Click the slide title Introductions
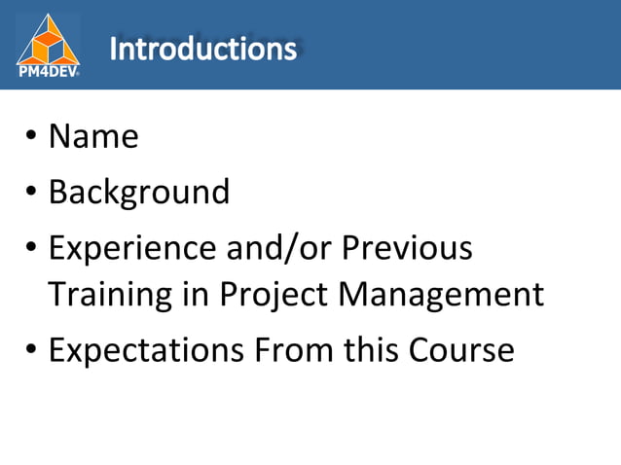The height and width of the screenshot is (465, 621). pyautogui.click(x=202, y=48)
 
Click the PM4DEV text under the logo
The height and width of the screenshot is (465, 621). pyautogui.click(x=48, y=70)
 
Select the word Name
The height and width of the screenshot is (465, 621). pyautogui.click(x=93, y=136)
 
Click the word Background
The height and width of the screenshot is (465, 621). pyautogui.click(x=139, y=193)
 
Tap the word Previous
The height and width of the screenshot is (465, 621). pyautogui.click(x=408, y=249)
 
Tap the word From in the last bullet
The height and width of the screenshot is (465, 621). pyautogui.click(x=289, y=349)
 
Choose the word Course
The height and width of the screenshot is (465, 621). pyautogui.click(x=459, y=349)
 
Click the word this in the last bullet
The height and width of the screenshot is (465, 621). pyautogui.click(x=369, y=349)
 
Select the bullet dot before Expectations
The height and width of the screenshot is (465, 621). pyautogui.click(x=32, y=350)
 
